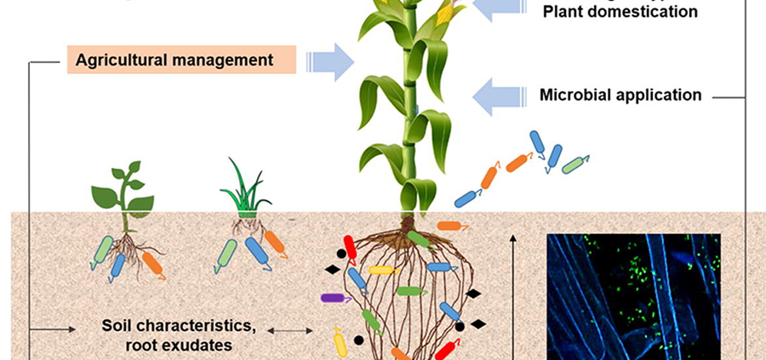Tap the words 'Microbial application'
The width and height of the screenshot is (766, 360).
[x=620, y=94]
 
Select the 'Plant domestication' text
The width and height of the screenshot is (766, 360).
[x=620, y=12]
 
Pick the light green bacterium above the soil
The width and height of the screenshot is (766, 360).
[x=575, y=163]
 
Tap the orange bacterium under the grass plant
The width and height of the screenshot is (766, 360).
[x=275, y=243]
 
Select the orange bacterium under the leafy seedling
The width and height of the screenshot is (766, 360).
[x=153, y=265]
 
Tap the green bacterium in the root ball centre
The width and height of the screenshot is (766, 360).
[x=409, y=290]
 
